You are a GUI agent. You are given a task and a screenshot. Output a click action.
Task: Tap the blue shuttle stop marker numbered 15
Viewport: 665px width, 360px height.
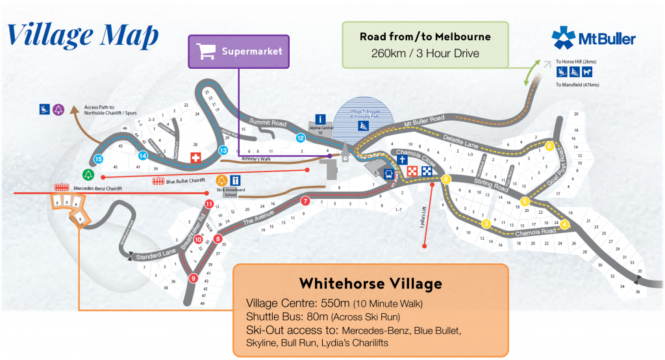(x=99, y=159)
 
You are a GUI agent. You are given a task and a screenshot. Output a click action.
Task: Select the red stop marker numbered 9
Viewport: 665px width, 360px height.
(x=192, y=278)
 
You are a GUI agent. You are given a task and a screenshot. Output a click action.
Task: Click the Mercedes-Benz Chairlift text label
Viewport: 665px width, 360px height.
(x=97, y=188)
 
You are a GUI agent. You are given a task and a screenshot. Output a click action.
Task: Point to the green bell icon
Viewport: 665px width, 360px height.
(x=88, y=174)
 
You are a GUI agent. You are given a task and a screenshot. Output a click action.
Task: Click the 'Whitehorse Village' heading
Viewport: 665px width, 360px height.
(x=370, y=284)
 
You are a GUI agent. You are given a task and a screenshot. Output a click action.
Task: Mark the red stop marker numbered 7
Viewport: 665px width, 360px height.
(x=305, y=201)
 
